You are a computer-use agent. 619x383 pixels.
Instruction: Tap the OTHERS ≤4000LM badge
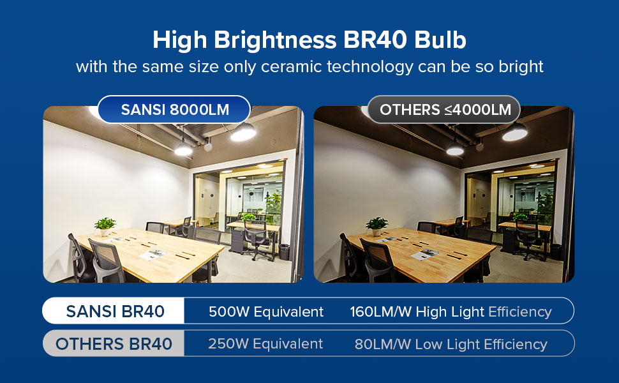tap(445, 109)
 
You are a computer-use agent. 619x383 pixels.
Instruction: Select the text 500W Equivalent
tap(266, 312)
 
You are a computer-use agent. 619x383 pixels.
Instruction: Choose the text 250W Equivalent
tap(265, 344)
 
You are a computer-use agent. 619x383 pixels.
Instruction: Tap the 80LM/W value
tap(382, 345)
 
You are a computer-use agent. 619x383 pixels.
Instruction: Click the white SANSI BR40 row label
tap(115, 312)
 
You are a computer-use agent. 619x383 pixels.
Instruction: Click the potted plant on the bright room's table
tap(105, 225)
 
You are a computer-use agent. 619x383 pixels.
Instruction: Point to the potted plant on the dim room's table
tap(377, 225)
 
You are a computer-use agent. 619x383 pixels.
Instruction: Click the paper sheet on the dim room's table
tap(424, 255)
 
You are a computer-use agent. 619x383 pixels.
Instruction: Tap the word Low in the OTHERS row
tap(428, 345)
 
